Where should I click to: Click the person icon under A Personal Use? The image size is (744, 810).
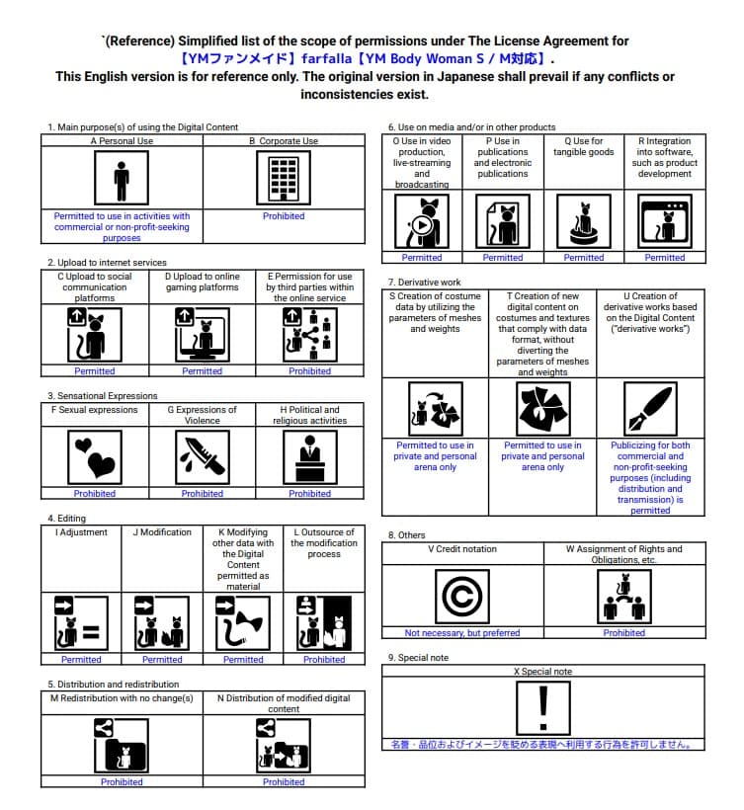[122, 179]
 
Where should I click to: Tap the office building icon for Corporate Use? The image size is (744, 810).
[284, 179]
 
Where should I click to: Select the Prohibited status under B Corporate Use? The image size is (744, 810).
[284, 216]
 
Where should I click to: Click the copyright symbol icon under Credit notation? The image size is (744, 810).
[462, 598]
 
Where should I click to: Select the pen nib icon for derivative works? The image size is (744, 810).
[650, 408]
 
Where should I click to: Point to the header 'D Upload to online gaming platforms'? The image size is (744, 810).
[202, 283]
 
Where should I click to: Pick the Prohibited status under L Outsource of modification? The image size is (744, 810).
[324, 660]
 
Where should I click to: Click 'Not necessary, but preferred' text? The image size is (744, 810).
[462, 633]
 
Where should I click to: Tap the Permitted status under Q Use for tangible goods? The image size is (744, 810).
[584, 258]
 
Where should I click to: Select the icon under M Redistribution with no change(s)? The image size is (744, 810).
[122, 745]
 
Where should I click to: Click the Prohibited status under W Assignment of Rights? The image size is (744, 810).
[624, 633]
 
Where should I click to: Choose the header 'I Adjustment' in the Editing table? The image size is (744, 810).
[81, 532]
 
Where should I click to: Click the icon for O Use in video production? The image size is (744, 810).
[422, 220]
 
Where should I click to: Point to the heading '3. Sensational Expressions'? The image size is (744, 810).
[103, 396]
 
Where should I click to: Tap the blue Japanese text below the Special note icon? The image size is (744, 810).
[541, 745]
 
